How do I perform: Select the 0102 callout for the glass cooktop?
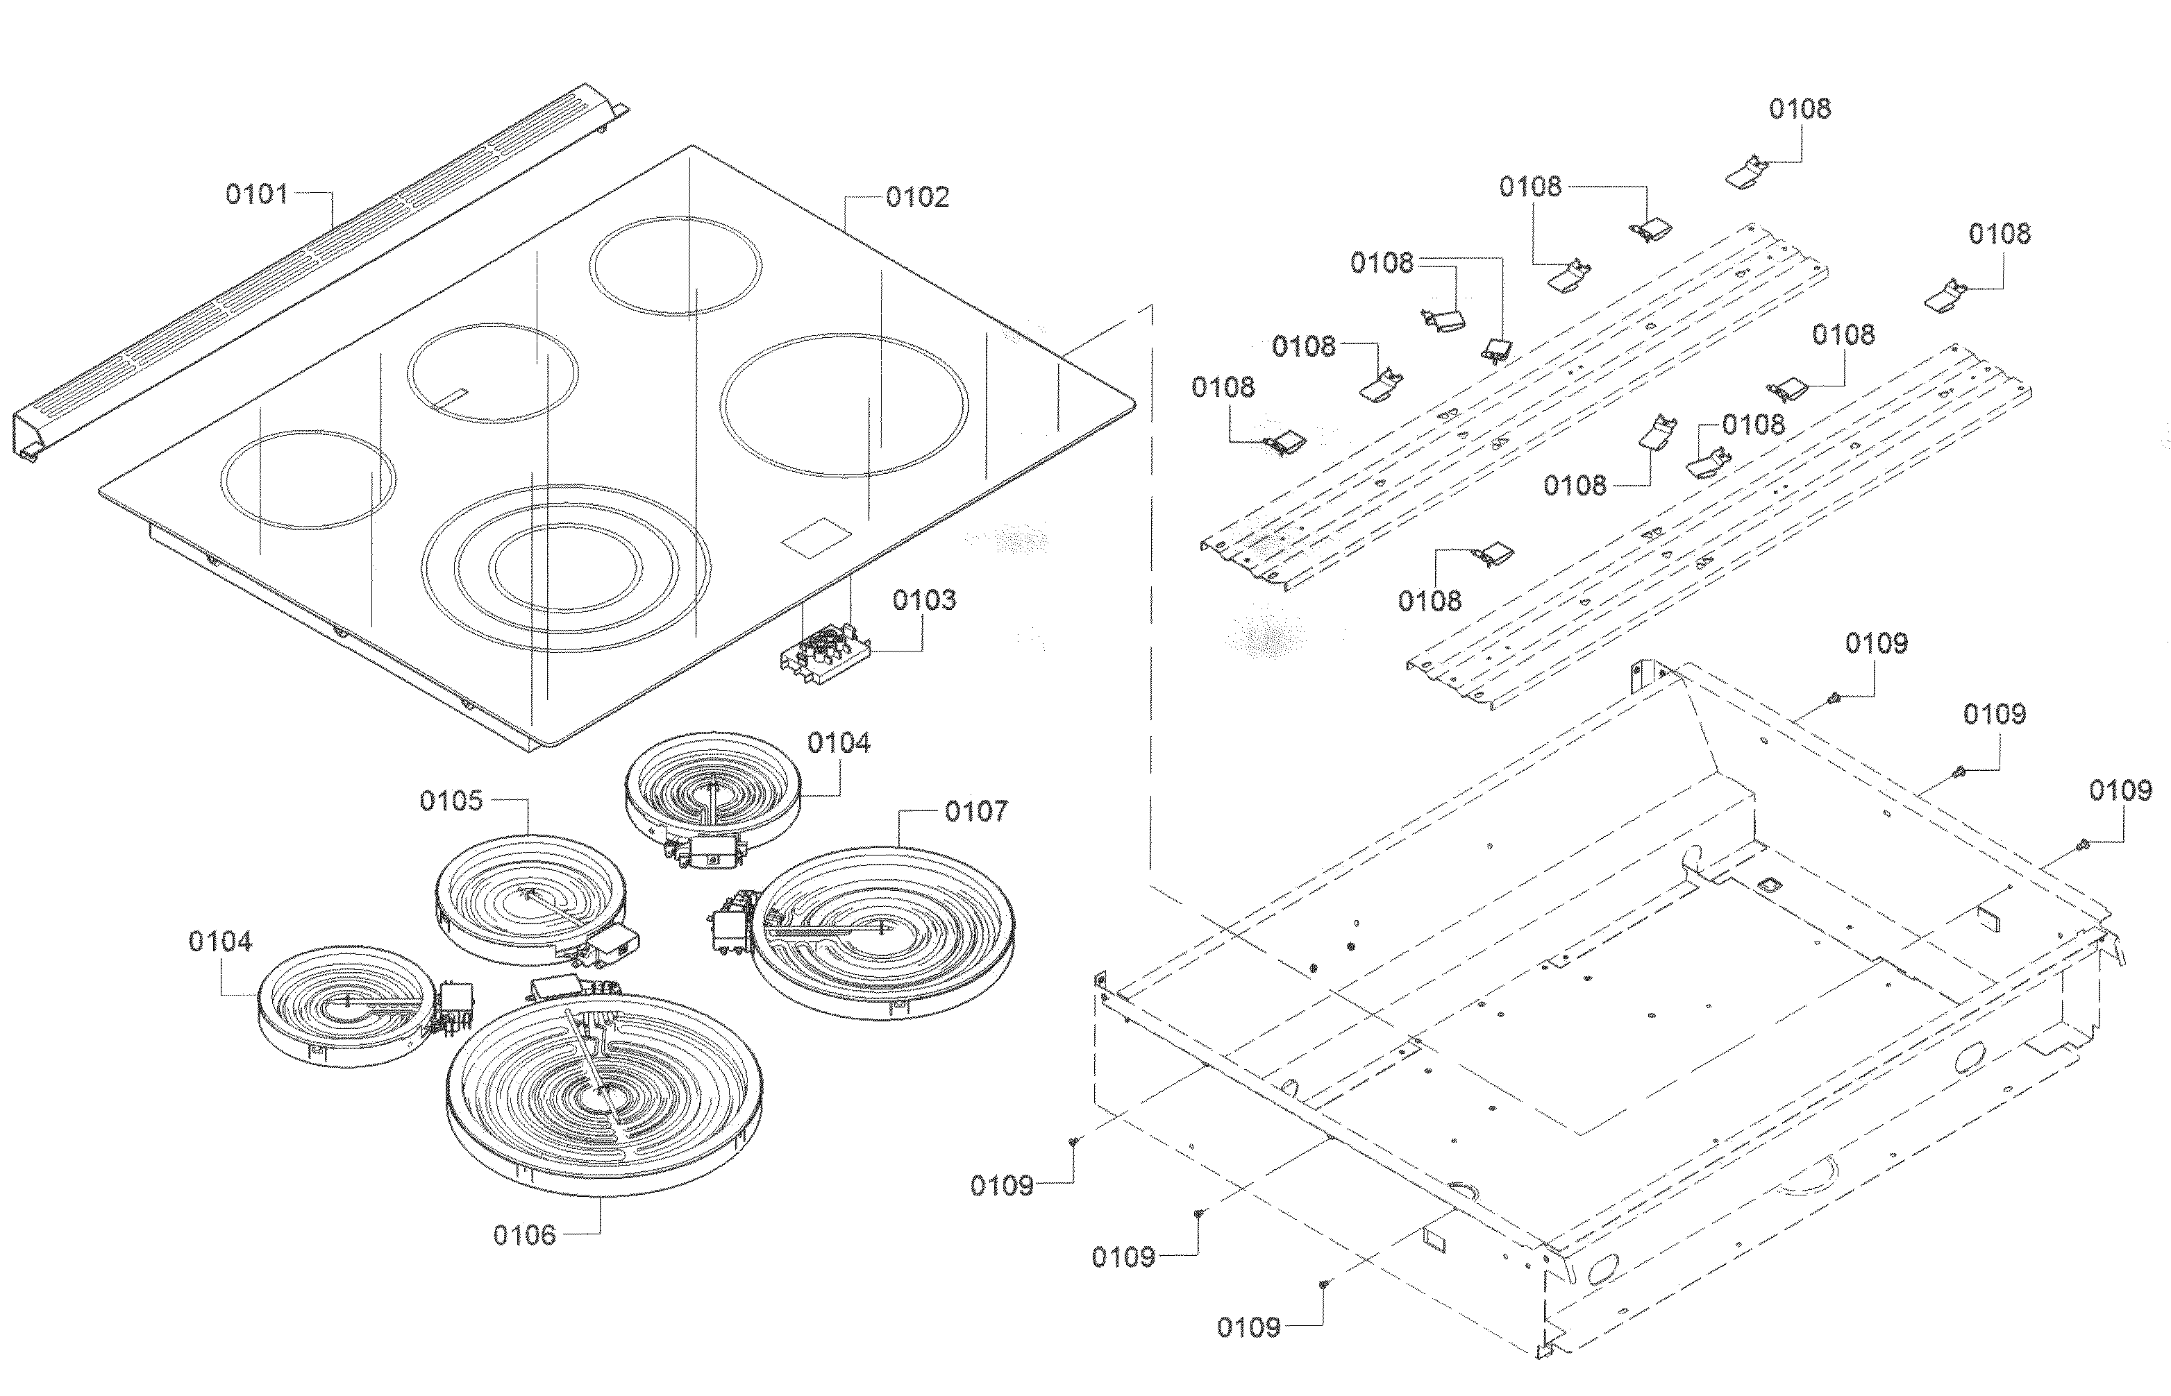(x=917, y=197)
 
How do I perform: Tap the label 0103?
(x=923, y=600)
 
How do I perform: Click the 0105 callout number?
(x=451, y=801)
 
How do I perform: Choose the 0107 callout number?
(x=975, y=811)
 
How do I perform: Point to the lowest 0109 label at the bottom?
(x=1248, y=1329)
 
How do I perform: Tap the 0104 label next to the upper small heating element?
(x=838, y=743)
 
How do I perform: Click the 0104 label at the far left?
(x=219, y=942)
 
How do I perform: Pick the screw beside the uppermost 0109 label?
(x=1833, y=697)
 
